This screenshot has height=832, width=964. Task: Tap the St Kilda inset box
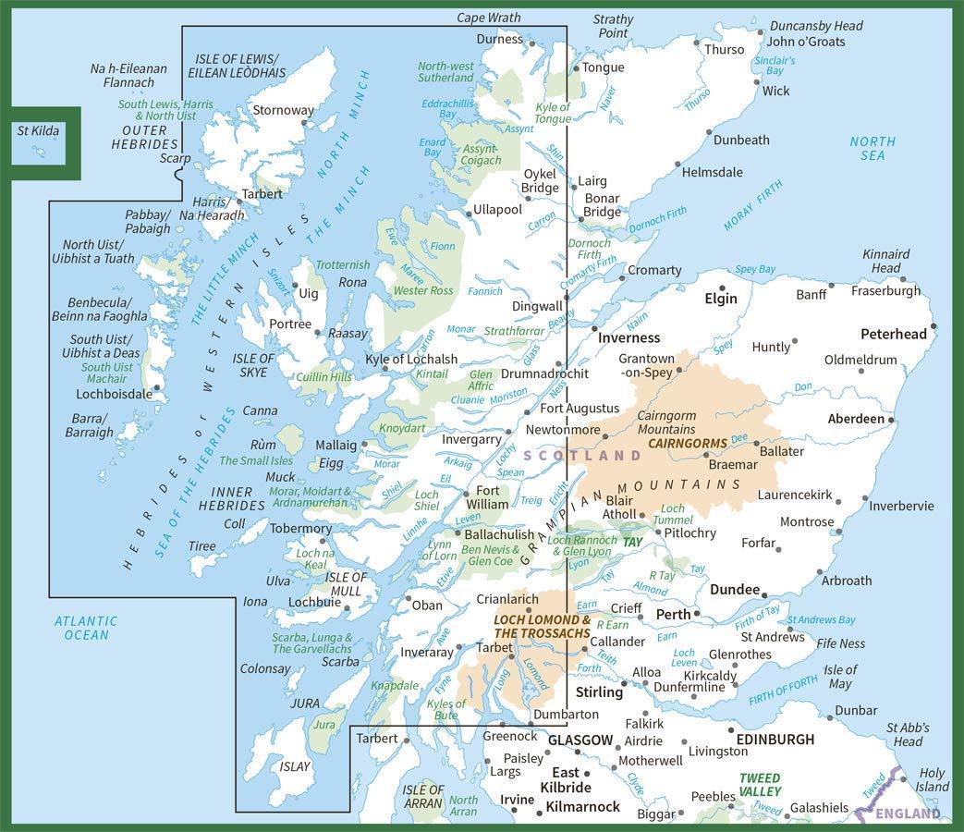click(x=40, y=143)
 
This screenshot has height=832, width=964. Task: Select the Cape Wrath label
click(x=488, y=18)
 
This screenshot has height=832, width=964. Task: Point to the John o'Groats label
click(x=806, y=43)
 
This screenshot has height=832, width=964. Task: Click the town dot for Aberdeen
click(x=891, y=420)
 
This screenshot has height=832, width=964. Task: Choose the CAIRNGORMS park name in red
click(x=688, y=444)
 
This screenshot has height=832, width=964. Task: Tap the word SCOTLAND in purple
click(x=582, y=456)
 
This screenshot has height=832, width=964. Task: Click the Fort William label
click(x=487, y=497)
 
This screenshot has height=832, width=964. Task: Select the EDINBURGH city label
click(x=775, y=740)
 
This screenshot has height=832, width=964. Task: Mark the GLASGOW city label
click(x=580, y=740)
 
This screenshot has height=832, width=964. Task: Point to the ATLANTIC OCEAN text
click(x=82, y=629)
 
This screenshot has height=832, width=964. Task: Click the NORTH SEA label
click(x=872, y=148)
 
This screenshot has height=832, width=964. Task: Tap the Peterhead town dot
click(x=933, y=325)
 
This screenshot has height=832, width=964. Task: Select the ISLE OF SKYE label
click(x=252, y=365)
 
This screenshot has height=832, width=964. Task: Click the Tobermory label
click(x=300, y=529)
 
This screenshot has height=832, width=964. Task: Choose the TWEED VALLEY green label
click(x=760, y=785)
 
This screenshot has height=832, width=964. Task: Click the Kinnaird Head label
click(x=885, y=261)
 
